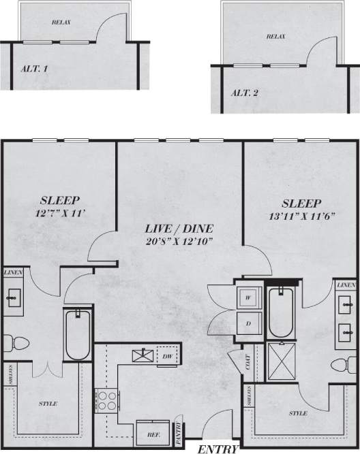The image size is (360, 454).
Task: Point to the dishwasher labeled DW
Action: click(166, 356)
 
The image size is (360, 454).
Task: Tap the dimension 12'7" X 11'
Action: click(61, 213)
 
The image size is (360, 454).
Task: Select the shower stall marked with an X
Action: click(282, 359)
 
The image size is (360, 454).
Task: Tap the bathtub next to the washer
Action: click(280, 313)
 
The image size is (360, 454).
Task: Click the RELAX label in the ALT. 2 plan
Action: click(275, 36)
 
